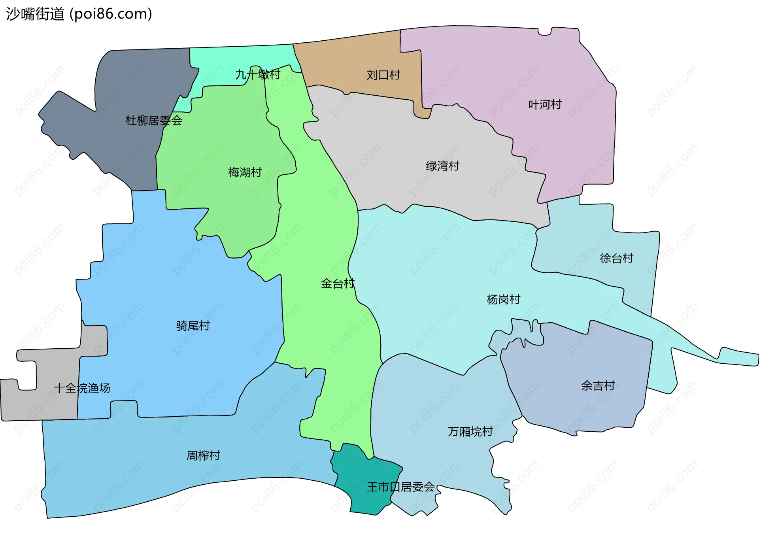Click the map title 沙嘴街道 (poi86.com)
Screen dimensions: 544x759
(79, 14)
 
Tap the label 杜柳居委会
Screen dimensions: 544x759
(154, 121)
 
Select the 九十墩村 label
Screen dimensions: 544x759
(258, 74)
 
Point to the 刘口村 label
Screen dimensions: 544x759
(383, 75)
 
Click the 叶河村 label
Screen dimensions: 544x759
(545, 104)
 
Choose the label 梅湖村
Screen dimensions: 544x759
(245, 172)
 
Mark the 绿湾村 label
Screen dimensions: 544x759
(442, 166)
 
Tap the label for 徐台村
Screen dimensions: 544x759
(616, 258)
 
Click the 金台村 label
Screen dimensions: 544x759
(338, 283)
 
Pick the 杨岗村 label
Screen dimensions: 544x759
(503, 299)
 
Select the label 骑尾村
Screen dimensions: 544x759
(193, 326)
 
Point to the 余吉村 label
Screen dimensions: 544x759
(598, 385)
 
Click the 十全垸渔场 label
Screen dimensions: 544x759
(82, 388)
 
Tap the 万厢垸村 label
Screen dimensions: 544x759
(470, 431)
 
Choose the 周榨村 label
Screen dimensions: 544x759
(203, 455)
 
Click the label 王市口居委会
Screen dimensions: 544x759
(400, 487)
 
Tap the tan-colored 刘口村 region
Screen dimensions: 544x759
(356, 59)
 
